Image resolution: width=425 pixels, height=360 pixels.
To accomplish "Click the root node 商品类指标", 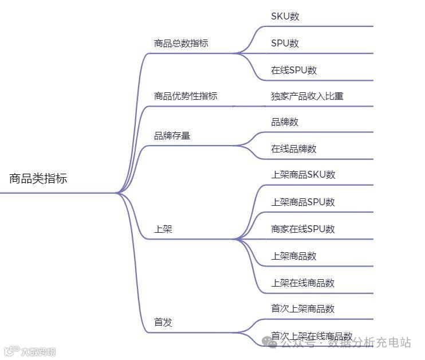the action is coord(38,179).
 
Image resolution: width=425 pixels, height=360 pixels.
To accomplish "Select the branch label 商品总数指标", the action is coord(181,44).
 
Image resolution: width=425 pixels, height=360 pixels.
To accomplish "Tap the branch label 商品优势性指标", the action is coord(186,96).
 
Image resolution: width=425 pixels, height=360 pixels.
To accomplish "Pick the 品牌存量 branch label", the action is coord(172,136).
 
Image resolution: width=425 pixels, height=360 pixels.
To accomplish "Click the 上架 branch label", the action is coord(163,229).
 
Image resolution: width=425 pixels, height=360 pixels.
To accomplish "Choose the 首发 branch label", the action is coord(163,323).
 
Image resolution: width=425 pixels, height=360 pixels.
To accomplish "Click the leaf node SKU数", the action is coord(285,17).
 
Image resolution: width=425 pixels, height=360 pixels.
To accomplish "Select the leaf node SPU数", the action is coord(285,44).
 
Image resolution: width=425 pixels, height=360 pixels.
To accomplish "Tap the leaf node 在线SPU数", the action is coord(294,71).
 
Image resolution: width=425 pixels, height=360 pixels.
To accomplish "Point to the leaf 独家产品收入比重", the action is coord(307,96).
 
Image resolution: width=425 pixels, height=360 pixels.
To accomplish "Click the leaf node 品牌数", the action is coord(285,122).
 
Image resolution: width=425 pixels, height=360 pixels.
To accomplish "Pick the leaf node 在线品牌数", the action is coord(294,149).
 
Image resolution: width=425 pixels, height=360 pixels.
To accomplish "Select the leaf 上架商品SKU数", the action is coord(303,175).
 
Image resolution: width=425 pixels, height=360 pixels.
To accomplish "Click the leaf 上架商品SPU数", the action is coord(303,202).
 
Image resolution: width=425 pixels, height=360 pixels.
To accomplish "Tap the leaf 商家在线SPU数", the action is coord(303,229).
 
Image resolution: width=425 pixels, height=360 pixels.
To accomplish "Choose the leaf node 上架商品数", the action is coord(294,256).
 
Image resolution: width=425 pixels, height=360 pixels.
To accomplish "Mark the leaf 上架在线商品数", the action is coord(303,283).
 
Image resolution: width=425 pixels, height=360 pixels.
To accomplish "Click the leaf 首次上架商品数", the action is coord(303,309).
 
